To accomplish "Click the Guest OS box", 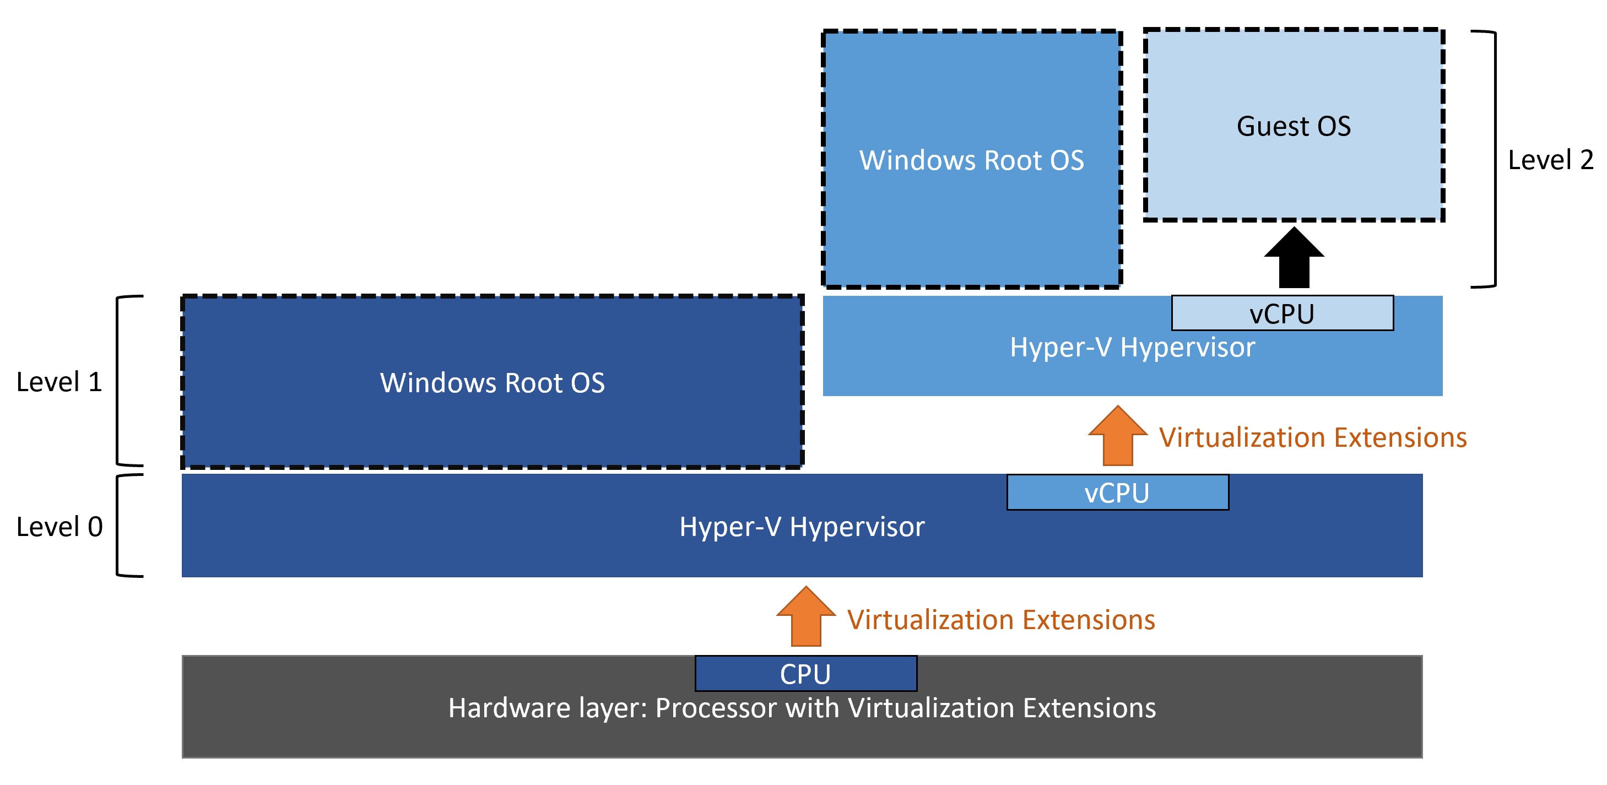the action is [1294, 125].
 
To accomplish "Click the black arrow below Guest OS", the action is [1294, 257].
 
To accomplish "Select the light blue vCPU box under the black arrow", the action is [1282, 313].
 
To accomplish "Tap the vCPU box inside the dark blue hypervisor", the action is [1117, 492].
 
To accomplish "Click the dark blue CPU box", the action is [806, 673].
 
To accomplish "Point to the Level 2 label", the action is [1550, 160].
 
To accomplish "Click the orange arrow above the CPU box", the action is [806, 616].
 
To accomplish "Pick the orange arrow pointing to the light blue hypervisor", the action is [1118, 436].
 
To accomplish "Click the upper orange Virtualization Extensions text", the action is [1313, 437].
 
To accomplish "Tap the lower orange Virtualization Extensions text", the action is [1000, 620].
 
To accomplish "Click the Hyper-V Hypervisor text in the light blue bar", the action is [1132, 347].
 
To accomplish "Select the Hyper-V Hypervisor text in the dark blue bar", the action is [802, 527].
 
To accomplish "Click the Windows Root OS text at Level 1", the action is [492, 382].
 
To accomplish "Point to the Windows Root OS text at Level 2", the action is [971, 160].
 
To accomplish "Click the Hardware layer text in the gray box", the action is [802, 708].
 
